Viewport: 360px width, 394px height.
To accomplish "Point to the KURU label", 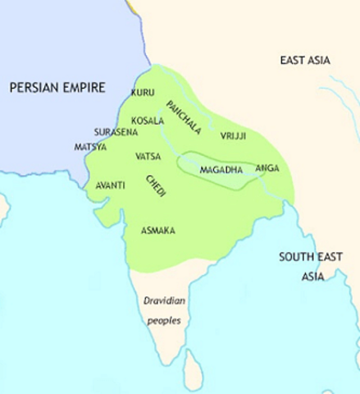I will (x=143, y=92).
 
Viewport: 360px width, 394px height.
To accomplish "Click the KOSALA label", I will (x=147, y=120).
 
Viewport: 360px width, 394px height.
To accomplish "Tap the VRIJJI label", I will (x=233, y=135).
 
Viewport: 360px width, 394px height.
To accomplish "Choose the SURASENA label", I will (x=114, y=131).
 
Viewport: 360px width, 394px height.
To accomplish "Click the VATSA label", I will (x=148, y=156).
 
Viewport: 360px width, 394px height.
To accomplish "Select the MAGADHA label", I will (x=221, y=169).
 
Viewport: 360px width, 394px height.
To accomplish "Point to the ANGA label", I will (x=267, y=168).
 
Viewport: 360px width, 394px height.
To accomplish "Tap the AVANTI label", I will (x=111, y=186).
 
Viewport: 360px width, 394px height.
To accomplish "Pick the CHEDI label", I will (x=156, y=186).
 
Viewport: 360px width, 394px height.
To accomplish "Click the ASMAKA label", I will (x=157, y=231).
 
